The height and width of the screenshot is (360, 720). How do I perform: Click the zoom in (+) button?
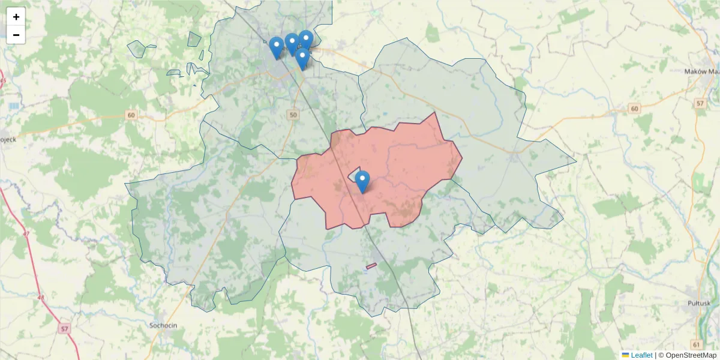(x=16, y=17)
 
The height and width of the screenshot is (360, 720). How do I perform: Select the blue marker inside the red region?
(x=362, y=181)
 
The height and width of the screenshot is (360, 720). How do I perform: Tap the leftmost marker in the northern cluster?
(x=276, y=47)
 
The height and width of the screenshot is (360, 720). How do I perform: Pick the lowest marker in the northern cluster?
(x=302, y=58)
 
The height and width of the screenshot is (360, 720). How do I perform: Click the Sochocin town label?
(x=163, y=325)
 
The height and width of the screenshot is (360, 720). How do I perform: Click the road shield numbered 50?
(x=293, y=115)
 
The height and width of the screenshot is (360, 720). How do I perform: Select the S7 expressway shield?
(x=65, y=329)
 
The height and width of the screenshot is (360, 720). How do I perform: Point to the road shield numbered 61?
(x=696, y=344)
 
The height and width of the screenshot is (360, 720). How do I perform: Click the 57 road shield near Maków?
(x=700, y=104)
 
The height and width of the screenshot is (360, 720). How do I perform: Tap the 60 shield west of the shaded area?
(x=131, y=115)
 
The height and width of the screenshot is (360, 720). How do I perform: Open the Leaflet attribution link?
(x=641, y=355)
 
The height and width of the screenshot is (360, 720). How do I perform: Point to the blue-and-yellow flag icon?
(x=625, y=355)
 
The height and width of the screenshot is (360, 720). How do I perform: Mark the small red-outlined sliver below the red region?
(x=371, y=266)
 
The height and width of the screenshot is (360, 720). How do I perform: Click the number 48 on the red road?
(x=40, y=297)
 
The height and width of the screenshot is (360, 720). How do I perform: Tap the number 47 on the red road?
(x=25, y=233)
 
